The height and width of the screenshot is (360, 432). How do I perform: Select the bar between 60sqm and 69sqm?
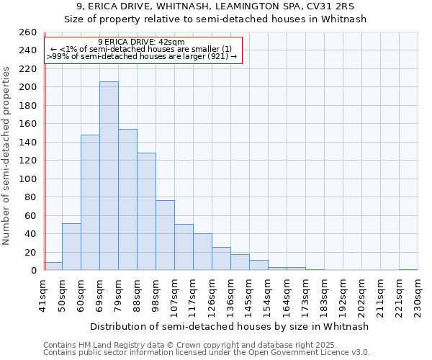point(90,202)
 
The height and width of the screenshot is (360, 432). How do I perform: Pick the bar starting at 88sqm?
point(146,212)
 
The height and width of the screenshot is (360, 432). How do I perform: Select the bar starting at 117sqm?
point(202,252)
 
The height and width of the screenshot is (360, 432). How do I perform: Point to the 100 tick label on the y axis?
point(27,179)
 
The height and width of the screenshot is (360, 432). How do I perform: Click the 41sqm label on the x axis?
point(42,294)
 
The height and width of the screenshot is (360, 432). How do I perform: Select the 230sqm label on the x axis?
point(417,296)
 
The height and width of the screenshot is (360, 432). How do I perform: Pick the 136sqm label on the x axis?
point(230,296)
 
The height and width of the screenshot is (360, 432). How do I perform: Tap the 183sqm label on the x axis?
point(323,296)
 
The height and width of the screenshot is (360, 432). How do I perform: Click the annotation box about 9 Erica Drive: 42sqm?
point(142,50)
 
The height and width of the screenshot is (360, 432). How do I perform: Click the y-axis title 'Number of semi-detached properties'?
point(7,156)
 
